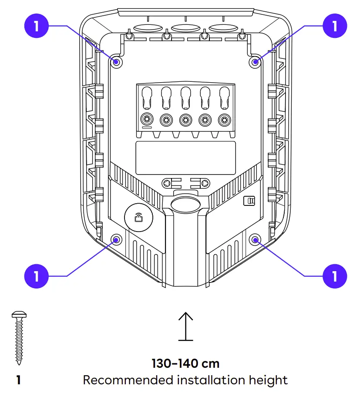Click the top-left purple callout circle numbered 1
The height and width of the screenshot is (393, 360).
37,26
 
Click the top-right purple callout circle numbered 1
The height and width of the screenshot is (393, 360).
335,26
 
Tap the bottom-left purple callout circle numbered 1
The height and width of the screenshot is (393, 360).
37,276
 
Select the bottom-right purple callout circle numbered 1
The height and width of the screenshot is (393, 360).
335,276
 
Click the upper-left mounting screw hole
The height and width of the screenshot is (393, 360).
116,62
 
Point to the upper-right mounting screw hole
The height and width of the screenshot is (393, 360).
256,62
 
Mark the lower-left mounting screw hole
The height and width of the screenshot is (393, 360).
116,239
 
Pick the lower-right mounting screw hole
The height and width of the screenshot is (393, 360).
256,239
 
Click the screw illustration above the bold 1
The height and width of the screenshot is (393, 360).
18,337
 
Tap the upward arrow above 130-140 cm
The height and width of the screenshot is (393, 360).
186,326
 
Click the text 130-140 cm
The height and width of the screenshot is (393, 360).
185,363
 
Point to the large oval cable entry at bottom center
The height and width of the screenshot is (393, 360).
185,205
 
